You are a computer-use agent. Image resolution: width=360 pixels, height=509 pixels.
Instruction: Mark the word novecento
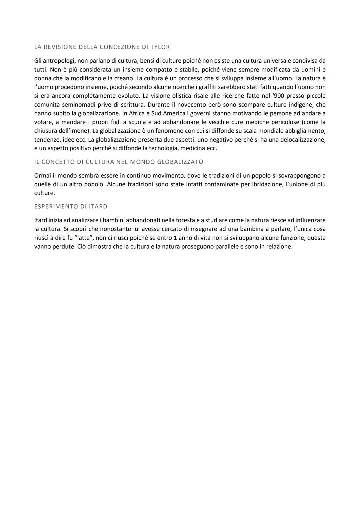click(x=191, y=104)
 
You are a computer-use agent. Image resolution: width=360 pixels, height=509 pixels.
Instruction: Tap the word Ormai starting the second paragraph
click(x=42, y=176)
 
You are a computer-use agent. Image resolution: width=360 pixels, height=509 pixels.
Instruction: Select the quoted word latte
click(x=81, y=238)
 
